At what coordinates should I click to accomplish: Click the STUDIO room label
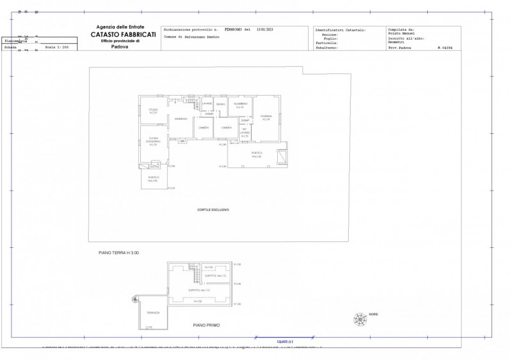click(x=153, y=111)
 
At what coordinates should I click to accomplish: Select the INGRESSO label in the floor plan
click(x=181, y=119)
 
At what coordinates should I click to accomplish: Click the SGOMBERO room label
click(x=240, y=104)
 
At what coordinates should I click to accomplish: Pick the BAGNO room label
click(x=221, y=104)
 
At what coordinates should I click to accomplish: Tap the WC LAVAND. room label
click(x=245, y=133)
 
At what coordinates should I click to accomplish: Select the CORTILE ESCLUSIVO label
click(x=213, y=210)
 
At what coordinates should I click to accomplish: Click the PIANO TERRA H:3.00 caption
click(x=119, y=253)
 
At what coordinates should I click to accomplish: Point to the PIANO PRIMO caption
click(x=207, y=325)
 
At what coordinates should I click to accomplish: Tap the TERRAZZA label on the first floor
click(x=153, y=313)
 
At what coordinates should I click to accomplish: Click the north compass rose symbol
click(x=361, y=318)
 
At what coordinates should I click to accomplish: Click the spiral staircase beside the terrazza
click(x=135, y=298)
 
